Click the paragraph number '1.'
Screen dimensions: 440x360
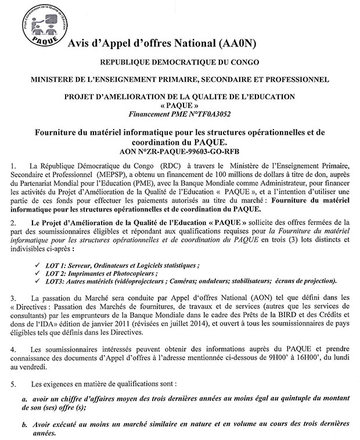14,168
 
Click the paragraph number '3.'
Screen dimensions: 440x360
14,298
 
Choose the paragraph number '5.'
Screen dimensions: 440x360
14,384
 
